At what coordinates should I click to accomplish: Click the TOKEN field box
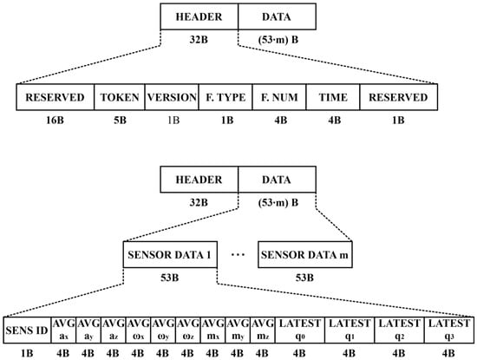tap(118, 97)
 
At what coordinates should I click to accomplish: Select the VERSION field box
tap(170, 97)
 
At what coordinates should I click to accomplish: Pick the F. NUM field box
tap(277, 97)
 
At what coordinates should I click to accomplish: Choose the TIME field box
tap(332, 97)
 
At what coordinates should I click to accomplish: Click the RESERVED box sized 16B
tap(54, 97)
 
